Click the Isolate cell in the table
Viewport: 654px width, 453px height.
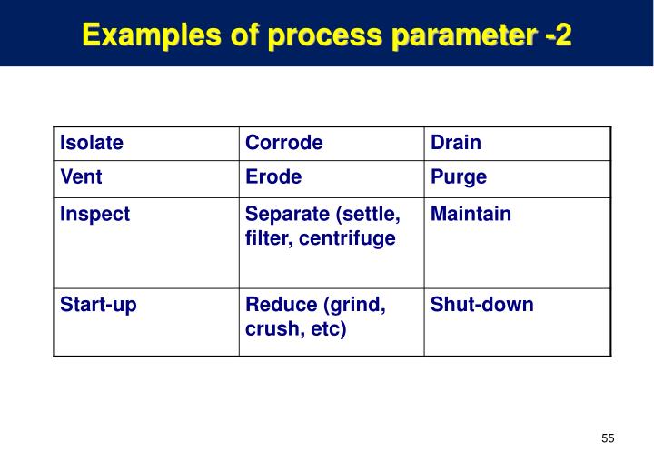pyautogui.click(x=92, y=143)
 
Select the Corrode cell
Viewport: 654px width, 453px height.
pyautogui.click(x=284, y=143)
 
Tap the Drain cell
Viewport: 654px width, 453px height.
pyautogui.click(x=456, y=143)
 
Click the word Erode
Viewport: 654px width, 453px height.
pyautogui.click(x=273, y=177)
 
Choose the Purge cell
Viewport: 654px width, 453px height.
pyautogui.click(x=459, y=177)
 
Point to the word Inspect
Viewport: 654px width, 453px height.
pyautogui.click(x=94, y=215)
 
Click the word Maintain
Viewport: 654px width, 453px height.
pyautogui.click(x=471, y=215)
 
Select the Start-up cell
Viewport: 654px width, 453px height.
pyautogui.click(x=98, y=305)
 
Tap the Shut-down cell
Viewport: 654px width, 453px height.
pyautogui.click(x=481, y=305)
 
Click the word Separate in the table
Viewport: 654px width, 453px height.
pyautogui.click(x=284, y=215)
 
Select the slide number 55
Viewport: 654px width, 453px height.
pyautogui.click(x=608, y=438)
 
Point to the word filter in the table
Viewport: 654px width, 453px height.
pyautogui.click(x=266, y=238)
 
